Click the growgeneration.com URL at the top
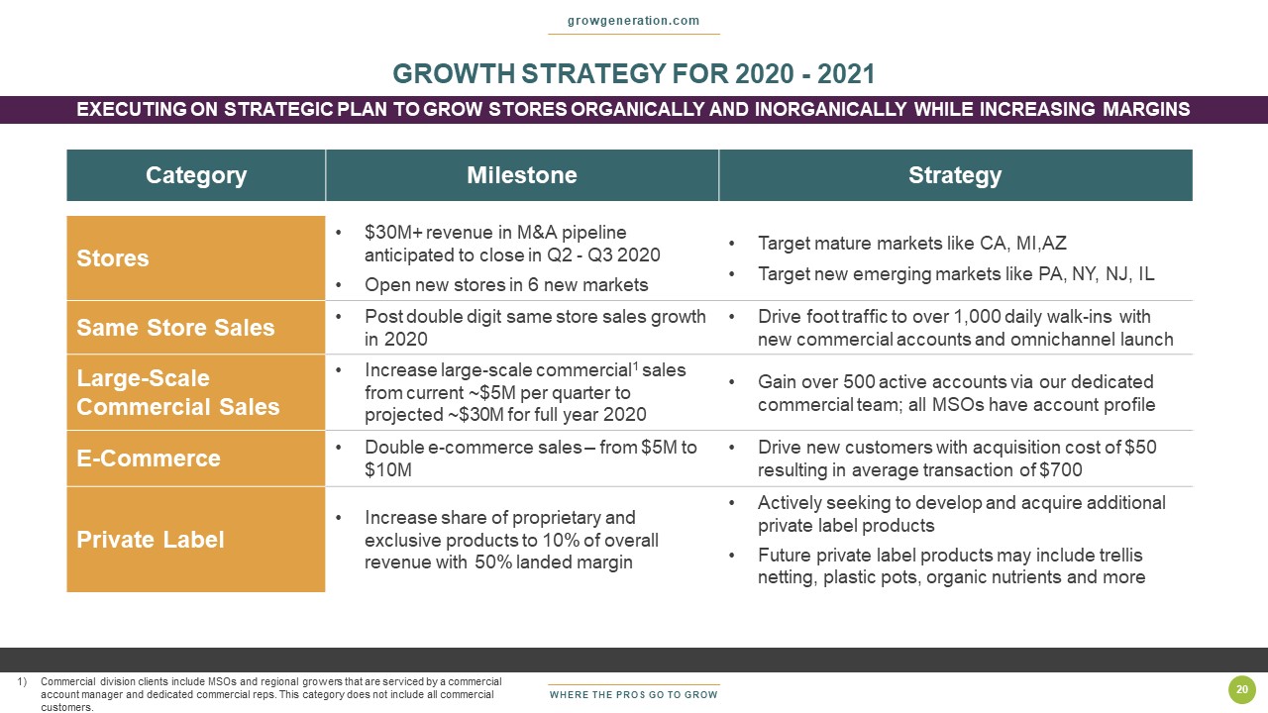click(x=633, y=21)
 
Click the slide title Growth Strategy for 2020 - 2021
click(x=633, y=74)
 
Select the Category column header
click(x=196, y=175)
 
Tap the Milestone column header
click(x=522, y=175)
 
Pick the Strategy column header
click(x=955, y=175)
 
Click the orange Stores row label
click(x=113, y=258)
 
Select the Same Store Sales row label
click(x=175, y=328)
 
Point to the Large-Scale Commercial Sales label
click(x=178, y=393)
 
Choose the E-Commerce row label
click(x=150, y=458)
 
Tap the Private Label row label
click(x=151, y=540)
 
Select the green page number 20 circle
click(x=1241, y=690)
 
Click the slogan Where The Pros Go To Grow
click(x=633, y=695)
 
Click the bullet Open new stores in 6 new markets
click(x=506, y=285)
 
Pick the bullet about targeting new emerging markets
click(x=956, y=274)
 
